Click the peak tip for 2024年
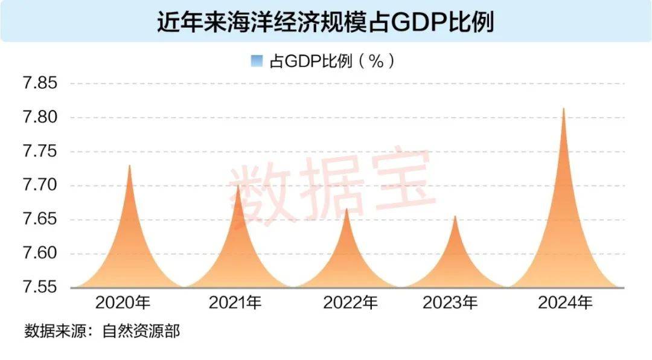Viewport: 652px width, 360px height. click(x=563, y=109)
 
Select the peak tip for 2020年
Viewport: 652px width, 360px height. click(x=129, y=166)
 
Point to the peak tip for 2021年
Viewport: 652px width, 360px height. click(x=238, y=185)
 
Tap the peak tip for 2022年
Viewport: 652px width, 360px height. click(x=347, y=208)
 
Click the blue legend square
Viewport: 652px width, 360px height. click(x=257, y=60)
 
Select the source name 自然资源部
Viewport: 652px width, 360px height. click(x=144, y=331)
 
